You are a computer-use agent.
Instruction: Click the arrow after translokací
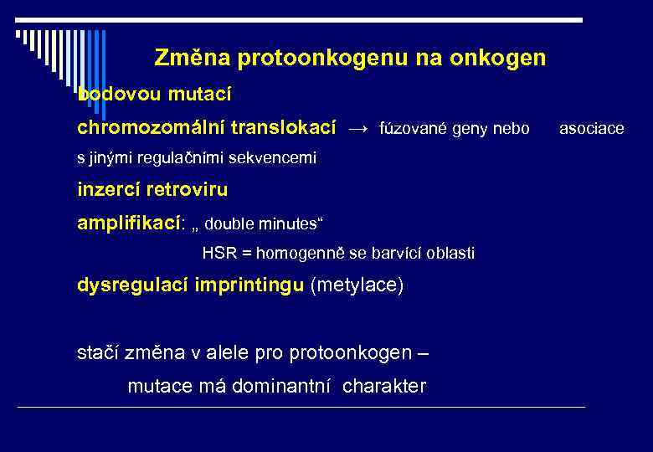(x=357, y=129)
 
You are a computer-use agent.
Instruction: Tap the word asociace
(x=591, y=129)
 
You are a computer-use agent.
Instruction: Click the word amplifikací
(x=128, y=223)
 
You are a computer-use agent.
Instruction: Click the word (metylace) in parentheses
(x=357, y=285)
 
